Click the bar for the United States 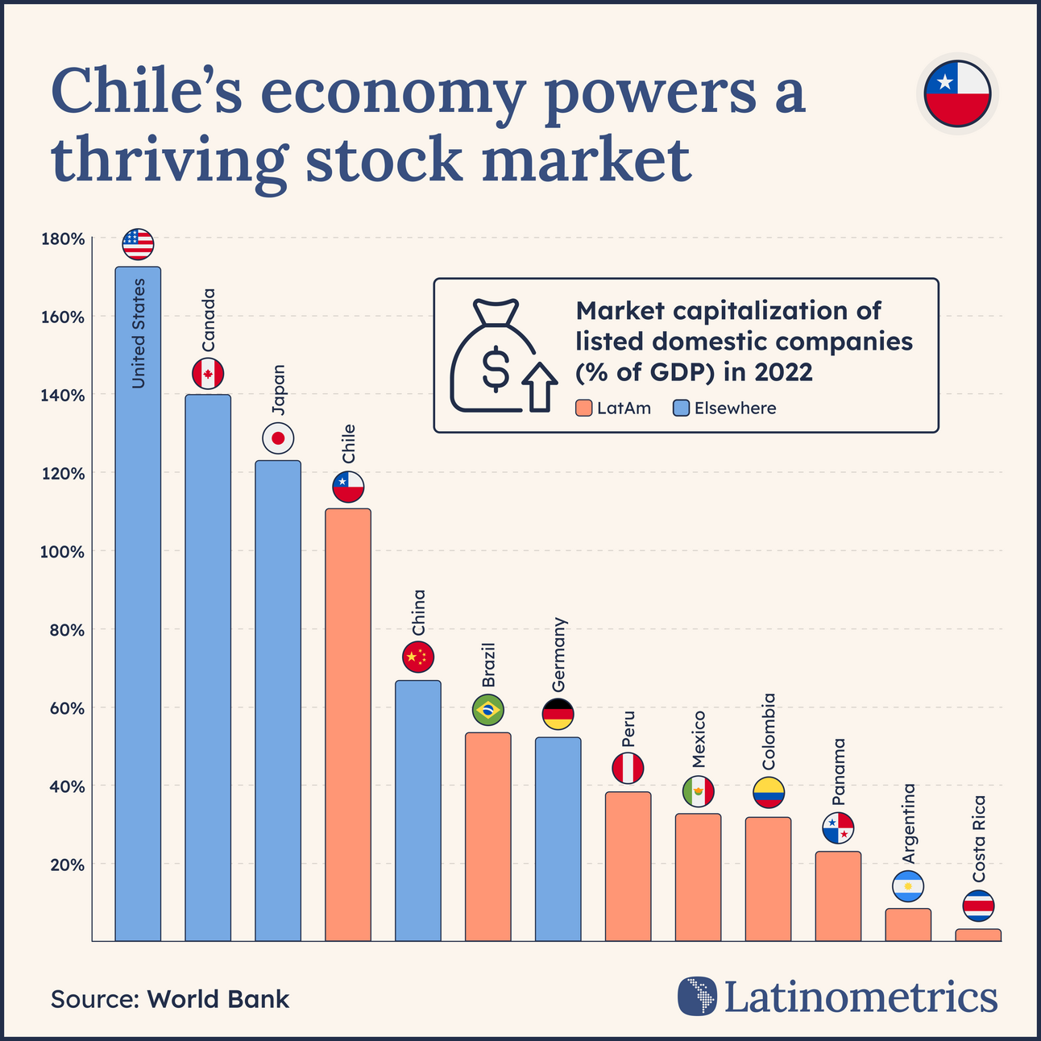[138, 604]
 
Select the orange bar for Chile [348, 725]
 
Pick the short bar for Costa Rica [978, 935]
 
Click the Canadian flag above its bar [208, 374]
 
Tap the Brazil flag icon [488, 710]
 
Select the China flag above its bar [418, 657]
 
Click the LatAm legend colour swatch [584, 409]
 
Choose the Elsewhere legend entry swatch [681, 409]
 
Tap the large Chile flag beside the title [957, 93]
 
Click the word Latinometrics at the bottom [861, 997]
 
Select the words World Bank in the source [218, 999]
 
